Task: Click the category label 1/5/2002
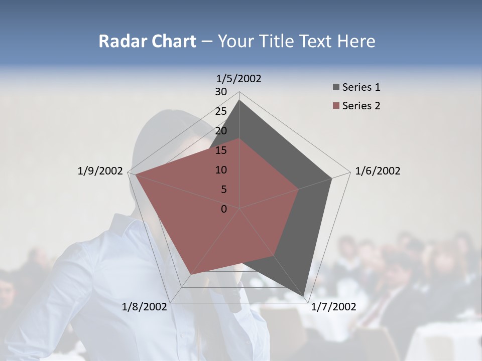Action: [239, 79]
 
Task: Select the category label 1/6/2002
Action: [378, 171]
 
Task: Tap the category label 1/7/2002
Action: [333, 307]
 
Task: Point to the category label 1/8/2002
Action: [145, 307]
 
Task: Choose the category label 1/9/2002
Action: [100, 171]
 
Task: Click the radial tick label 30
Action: [221, 92]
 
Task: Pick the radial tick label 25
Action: [221, 111]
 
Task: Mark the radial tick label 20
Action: [221, 131]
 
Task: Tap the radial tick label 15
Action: [221, 150]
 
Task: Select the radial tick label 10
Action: [221, 170]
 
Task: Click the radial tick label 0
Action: [224, 209]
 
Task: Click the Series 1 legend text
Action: [361, 87]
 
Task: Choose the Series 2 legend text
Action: [361, 106]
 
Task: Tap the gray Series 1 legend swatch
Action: [336, 88]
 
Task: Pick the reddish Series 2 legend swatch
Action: [336, 106]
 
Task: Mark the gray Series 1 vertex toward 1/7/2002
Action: [304, 296]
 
